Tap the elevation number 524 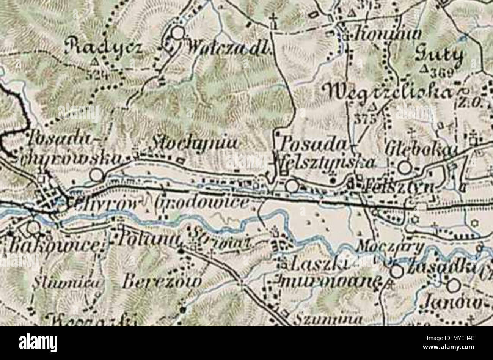(x=93, y=74)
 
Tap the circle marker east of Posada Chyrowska (x=96, y=175)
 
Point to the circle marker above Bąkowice (x=33, y=227)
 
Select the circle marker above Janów (x=453, y=285)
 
